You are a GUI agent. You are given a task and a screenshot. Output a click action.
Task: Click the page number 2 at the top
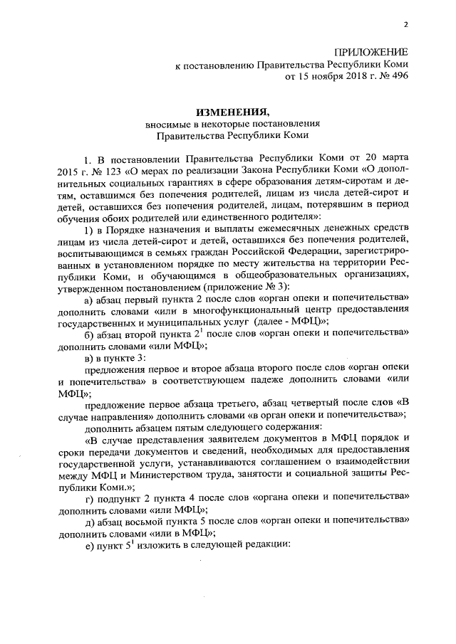tap(405, 23)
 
